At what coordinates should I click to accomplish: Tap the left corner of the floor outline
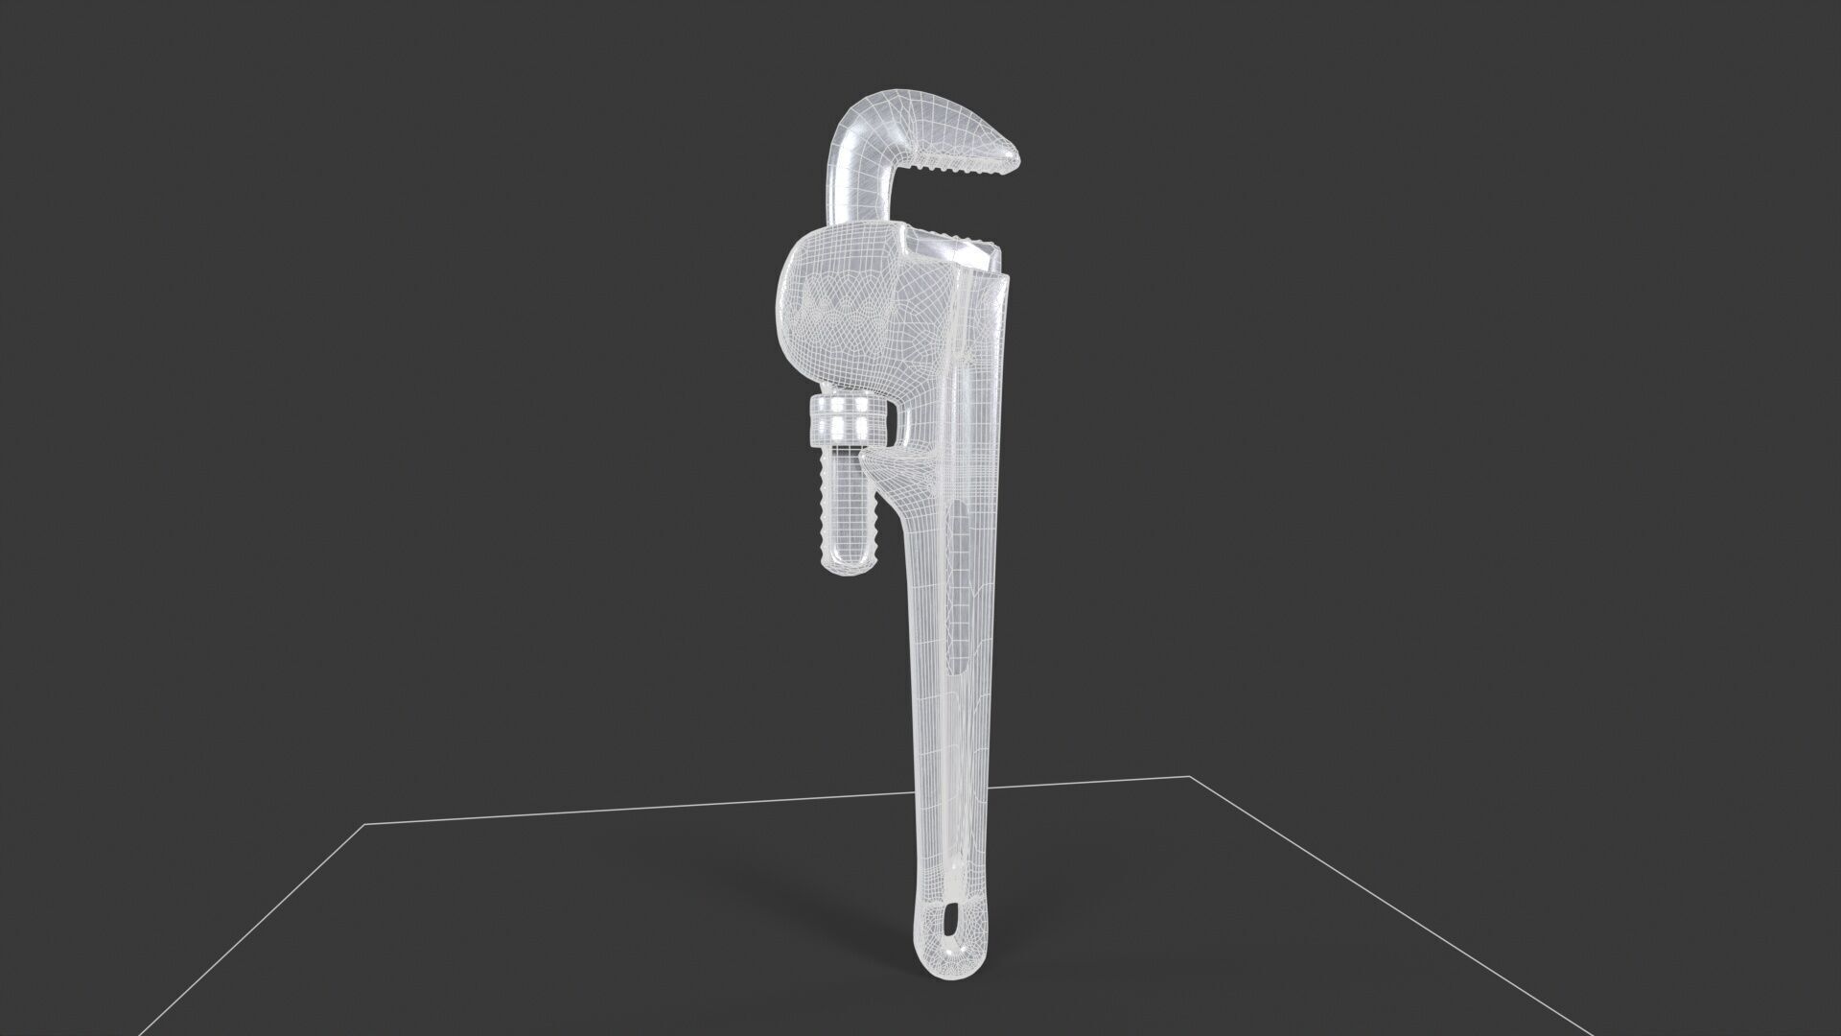click(365, 824)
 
